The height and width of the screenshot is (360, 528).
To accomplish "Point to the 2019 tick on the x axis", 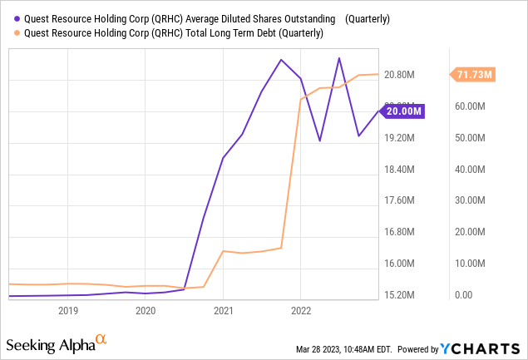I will click(x=67, y=310).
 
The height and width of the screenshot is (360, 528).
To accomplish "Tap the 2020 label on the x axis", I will click(x=145, y=310).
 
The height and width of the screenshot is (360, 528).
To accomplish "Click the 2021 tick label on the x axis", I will click(x=223, y=310).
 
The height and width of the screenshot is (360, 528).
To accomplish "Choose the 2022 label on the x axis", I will click(x=300, y=310).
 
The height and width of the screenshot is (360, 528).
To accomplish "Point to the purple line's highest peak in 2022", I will click(x=338, y=58).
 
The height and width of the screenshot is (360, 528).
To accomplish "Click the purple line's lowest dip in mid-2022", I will click(x=319, y=141).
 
